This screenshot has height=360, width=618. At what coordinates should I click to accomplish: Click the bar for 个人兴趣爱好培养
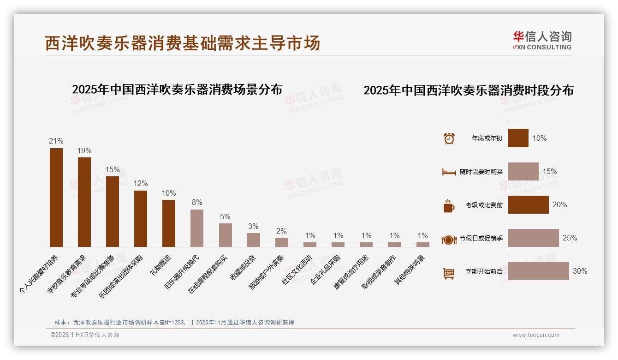coord(56,198)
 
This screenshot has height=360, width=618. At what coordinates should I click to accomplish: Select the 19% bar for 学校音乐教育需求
coord(84,202)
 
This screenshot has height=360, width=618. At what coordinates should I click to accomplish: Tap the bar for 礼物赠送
coord(169,223)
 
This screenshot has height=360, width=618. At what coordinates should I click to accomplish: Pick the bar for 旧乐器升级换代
coord(197,228)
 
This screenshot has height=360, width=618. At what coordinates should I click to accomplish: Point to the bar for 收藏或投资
coord(254,240)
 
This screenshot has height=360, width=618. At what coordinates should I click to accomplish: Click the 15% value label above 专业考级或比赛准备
coord(113,170)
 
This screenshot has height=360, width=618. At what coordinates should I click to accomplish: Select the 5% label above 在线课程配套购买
coord(225,217)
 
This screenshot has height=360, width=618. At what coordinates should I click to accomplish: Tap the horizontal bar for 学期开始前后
coord(538,271)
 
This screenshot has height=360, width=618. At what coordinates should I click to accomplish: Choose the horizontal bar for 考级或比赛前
coord(528,205)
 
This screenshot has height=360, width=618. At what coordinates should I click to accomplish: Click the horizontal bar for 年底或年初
coord(518,138)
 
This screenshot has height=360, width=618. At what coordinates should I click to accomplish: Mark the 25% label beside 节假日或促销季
coord(570,238)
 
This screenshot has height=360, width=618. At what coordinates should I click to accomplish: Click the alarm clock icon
coord(449,138)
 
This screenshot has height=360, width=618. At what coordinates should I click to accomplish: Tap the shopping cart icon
coord(449,273)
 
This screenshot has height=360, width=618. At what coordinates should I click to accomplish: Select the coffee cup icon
coord(449,206)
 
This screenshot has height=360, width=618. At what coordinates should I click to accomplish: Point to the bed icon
coord(449,172)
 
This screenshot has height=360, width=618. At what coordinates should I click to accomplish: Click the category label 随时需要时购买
coord(481,172)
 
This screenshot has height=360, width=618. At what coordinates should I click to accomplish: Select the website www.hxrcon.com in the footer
coord(536,335)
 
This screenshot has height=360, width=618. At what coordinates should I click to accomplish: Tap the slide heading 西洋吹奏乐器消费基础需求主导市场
coord(182,43)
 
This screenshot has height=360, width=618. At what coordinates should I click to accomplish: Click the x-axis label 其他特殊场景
coord(410,270)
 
